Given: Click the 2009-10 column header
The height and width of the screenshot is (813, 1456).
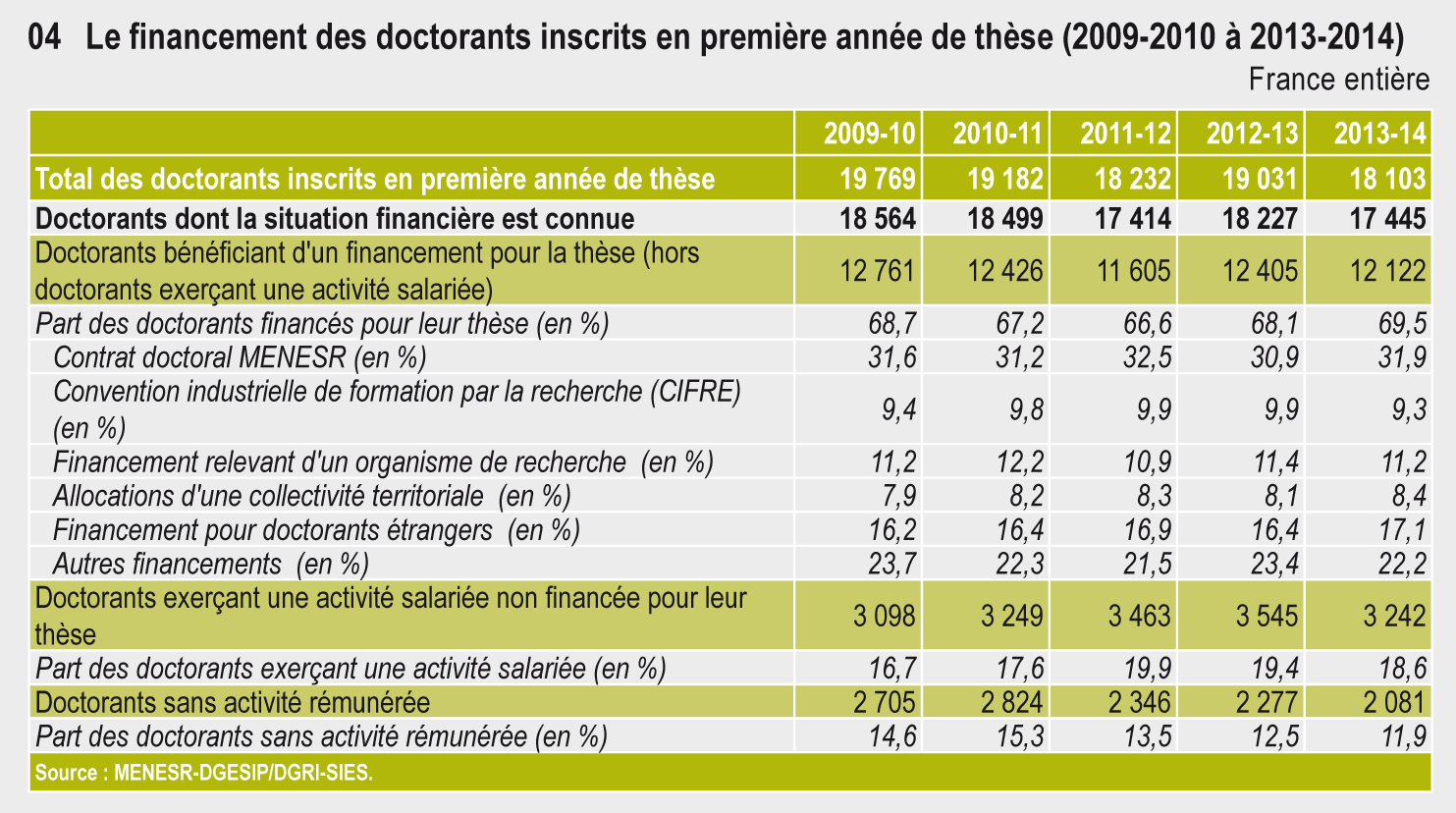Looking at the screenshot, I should (869, 134).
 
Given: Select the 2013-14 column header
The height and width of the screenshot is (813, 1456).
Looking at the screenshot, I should (1378, 134).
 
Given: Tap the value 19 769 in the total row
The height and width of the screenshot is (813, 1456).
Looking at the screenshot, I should (878, 179).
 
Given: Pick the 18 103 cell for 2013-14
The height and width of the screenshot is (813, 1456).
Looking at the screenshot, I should (1387, 179).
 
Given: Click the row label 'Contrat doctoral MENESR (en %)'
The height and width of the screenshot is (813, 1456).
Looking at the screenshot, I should (240, 357).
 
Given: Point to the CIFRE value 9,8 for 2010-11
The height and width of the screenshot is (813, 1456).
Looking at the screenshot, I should (1026, 408).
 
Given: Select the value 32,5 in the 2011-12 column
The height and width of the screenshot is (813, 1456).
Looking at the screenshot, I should (1148, 357).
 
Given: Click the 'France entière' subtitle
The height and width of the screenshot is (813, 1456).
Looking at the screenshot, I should (1338, 80).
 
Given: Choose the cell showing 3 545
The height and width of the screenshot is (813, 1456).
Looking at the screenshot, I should (1267, 616).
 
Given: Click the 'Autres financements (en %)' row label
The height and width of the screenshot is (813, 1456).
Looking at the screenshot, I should (210, 564).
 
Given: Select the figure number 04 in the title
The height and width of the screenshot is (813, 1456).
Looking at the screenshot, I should (44, 38).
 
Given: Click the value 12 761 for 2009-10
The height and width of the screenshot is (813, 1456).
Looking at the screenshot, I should (878, 270).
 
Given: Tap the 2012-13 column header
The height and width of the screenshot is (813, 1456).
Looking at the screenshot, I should (1252, 134).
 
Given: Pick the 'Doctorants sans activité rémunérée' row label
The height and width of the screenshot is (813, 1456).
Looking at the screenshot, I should (233, 702).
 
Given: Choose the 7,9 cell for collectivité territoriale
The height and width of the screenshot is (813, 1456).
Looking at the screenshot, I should (892, 496).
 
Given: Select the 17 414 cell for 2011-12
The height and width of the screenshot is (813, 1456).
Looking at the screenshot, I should (1133, 218).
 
